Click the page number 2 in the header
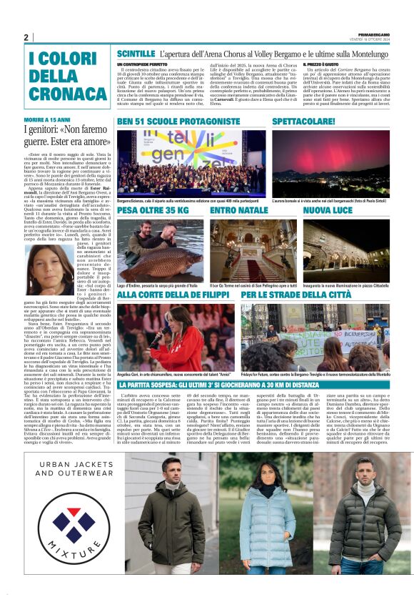[x=26, y=38]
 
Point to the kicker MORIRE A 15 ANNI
[x=46, y=119]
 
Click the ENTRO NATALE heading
[x=239, y=211]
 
